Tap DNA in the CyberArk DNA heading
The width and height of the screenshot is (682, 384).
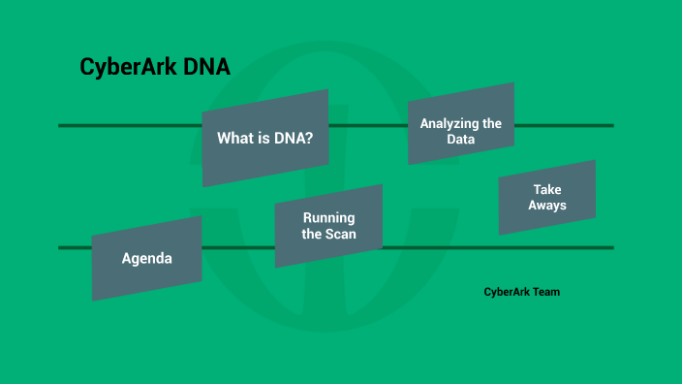point(206,69)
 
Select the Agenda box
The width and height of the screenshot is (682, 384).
point(146,259)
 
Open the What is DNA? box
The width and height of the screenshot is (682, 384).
point(264,138)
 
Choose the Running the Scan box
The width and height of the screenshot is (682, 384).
point(328,226)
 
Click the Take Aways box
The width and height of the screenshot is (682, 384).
point(547,198)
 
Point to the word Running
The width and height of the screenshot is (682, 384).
point(328,217)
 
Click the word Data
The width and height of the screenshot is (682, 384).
point(460,140)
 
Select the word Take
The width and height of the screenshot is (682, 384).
point(547,189)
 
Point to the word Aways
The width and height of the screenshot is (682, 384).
point(547,206)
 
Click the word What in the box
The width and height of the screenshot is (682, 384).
point(235,139)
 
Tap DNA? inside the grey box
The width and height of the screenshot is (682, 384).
point(294,139)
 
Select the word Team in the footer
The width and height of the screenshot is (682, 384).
point(545,291)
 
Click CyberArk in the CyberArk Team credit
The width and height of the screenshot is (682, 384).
point(506,291)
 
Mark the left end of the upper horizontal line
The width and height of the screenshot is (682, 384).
point(61,125)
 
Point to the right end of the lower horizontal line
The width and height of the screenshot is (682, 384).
point(611,248)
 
